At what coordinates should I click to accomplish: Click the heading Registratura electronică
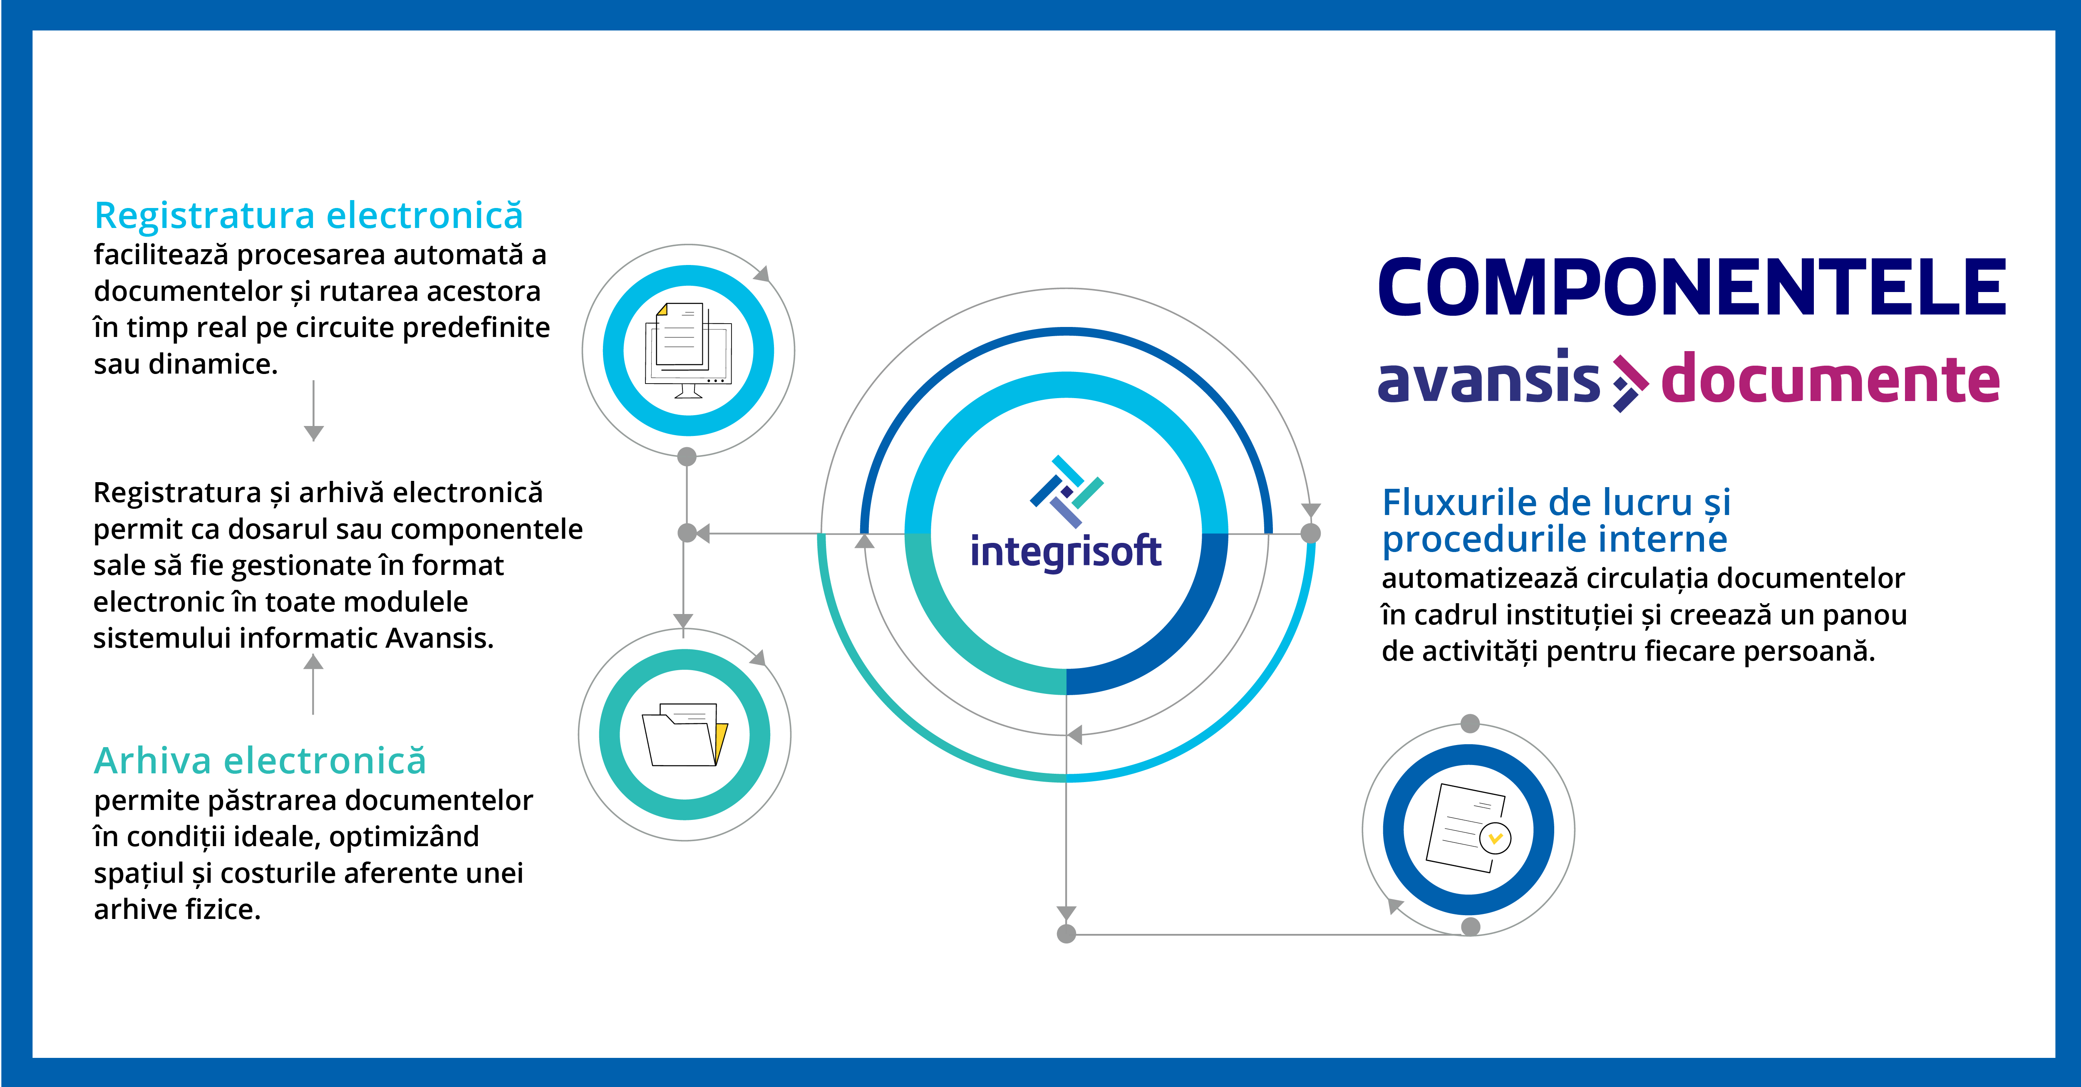click(309, 215)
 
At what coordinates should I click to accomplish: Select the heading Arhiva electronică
click(260, 761)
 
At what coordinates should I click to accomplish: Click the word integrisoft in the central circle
click(1066, 552)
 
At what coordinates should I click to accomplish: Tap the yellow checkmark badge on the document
click(1495, 838)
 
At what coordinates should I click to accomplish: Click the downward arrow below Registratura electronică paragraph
click(313, 411)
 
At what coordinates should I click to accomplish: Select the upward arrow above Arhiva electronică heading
click(313, 684)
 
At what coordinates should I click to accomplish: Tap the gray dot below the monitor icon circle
click(687, 457)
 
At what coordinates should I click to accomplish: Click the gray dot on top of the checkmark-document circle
click(1470, 723)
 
